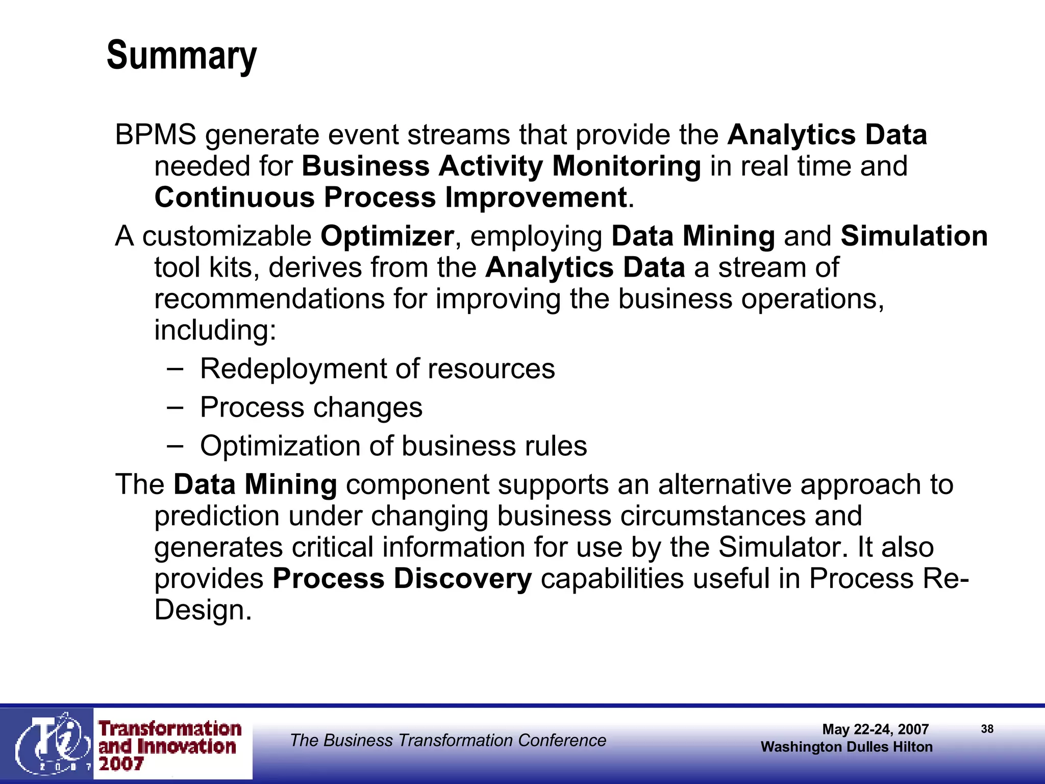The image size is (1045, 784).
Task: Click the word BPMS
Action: point(156,135)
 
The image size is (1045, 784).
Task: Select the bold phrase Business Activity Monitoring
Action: point(501,166)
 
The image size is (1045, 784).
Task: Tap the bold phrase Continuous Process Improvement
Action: point(391,198)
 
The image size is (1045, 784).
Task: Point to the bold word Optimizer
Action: point(387,236)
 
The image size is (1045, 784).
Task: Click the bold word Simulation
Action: point(914,236)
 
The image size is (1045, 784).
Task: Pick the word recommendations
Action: point(269,299)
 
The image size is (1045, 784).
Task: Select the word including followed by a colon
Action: point(215,330)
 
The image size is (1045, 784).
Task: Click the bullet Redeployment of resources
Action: point(377,369)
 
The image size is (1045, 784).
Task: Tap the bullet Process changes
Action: point(311,407)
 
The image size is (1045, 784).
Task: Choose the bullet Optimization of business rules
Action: point(393,446)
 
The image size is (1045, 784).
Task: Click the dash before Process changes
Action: point(175,407)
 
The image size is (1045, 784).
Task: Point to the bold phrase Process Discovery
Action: point(402,579)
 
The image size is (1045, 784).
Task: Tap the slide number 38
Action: point(987,729)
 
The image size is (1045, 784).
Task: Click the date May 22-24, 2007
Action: point(875,729)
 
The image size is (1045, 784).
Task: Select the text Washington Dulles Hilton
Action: point(847,747)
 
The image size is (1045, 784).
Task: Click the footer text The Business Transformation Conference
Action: point(448,740)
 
